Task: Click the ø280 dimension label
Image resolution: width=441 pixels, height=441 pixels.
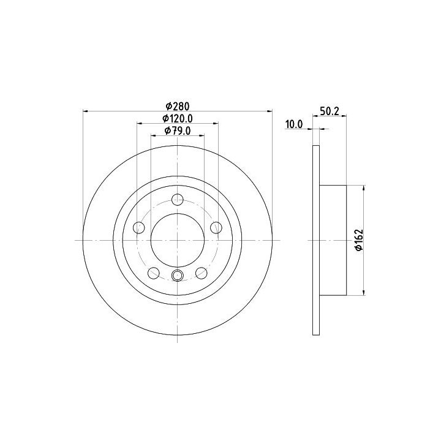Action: coord(178,107)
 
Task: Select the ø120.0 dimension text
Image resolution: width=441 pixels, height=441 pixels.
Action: coord(178,119)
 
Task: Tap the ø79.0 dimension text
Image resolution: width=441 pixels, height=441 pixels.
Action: coord(178,131)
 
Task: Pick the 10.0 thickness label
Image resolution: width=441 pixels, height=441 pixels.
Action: coord(294,124)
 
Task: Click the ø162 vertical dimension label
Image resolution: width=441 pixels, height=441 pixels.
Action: coord(359,239)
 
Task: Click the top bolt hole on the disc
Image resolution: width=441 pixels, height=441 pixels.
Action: coord(178,200)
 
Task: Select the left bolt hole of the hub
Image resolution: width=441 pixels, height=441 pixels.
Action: coord(138,227)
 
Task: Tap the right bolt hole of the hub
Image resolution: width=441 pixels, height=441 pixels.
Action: coord(217,227)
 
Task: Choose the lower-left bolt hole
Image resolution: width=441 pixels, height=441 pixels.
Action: coord(154,273)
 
